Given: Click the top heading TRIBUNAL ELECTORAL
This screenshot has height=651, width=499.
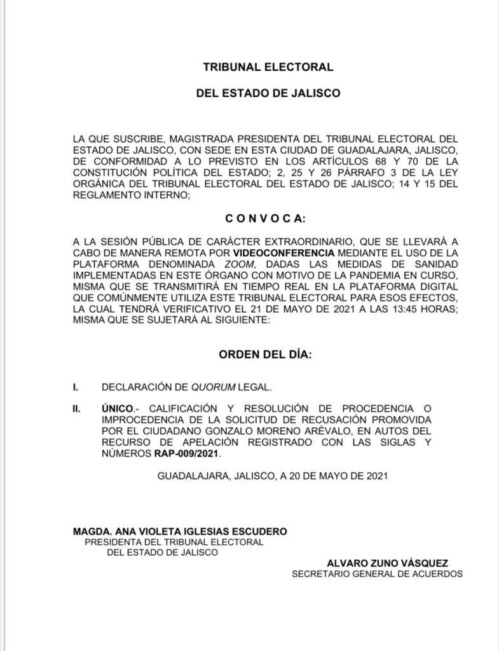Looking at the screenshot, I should (268, 66).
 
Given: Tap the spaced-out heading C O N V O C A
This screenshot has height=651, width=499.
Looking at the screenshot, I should (265, 219).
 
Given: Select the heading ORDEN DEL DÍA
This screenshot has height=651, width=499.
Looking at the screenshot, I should (265, 355).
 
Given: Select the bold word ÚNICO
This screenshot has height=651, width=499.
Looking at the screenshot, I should (117, 408).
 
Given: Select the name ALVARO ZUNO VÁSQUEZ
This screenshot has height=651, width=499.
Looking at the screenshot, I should (387, 563).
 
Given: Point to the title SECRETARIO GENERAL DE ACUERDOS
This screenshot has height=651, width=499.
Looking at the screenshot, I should (378, 573).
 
